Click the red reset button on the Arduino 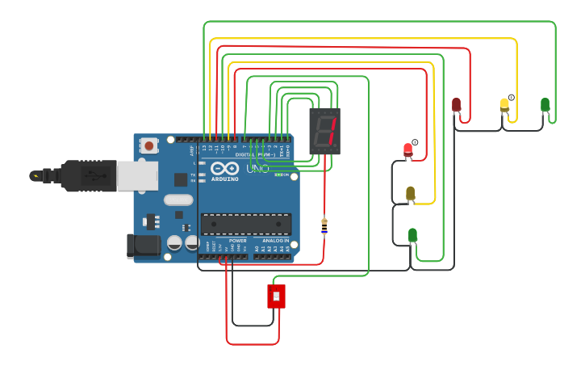(148, 145)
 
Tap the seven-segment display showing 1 (324, 131)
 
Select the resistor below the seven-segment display (324, 227)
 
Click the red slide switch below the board (276, 296)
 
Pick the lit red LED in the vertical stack (407, 149)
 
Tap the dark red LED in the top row (456, 104)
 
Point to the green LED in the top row (545, 104)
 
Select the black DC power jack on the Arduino (143, 246)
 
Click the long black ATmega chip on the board (246, 224)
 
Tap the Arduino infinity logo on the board (224, 168)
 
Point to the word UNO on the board (257, 168)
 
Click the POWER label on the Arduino (237, 240)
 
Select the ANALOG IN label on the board (275, 240)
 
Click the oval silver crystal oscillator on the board (178, 200)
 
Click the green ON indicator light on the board (279, 175)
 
